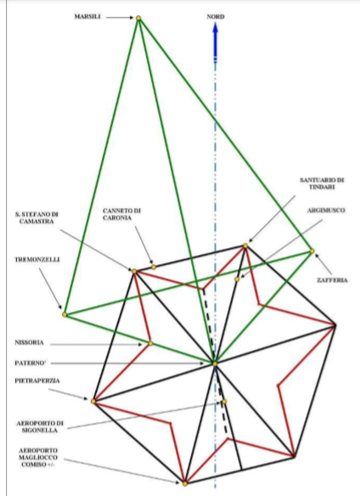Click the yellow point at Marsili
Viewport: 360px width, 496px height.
click(x=138, y=18)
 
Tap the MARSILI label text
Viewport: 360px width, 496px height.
click(x=87, y=17)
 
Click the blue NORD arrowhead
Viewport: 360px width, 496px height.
click(x=216, y=31)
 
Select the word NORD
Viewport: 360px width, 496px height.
click(x=216, y=17)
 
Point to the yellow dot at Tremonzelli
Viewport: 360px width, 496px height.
click(x=65, y=314)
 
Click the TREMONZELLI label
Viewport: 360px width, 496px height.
click(x=37, y=260)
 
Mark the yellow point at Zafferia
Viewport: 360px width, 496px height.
click(x=312, y=251)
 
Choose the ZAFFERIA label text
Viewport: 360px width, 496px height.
click(x=332, y=280)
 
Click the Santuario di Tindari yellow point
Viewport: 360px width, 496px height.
click(x=245, y=245)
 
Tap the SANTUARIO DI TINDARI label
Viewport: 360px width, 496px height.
click(x=322, y=183)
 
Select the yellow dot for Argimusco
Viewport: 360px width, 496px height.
click(x=237, y=279)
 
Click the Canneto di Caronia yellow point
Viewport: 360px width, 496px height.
click(x=154, y=267)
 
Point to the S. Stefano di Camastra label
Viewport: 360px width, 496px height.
click(x=37, y=218)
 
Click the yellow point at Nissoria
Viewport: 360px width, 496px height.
click(x=150, y=343)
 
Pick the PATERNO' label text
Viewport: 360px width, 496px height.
click(x=31, y=364)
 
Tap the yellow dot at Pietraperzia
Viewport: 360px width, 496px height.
click(x=93, y=401)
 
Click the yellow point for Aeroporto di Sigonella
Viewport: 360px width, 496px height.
click(x=224, y=402)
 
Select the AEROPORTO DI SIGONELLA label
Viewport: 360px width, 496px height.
click(x=40, y=426)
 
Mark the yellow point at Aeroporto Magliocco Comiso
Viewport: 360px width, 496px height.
click(x=185, y=483)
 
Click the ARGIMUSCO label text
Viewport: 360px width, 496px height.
click(x=326, y=211)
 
